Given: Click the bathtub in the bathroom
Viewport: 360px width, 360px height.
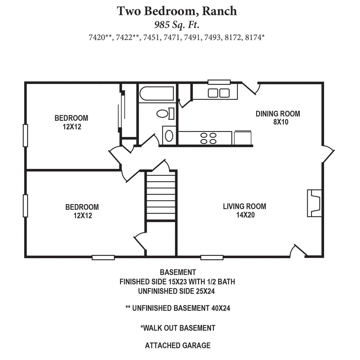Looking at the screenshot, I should click(x=157, y=94).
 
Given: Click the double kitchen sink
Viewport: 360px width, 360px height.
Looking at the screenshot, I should click(x=219, y=93).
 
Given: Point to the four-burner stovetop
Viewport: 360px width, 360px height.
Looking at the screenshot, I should click(x=208, y=138).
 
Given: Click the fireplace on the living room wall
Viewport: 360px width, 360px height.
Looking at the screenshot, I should click(x=314, y=203).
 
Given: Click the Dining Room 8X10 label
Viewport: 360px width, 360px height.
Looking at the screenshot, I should click(x=278, y=118).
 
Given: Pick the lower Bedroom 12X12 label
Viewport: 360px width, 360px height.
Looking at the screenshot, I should click(x=82, y=211).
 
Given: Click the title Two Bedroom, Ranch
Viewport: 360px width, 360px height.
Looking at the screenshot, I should click(x=177, y=11).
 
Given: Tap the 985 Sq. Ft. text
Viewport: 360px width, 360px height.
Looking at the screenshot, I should click(x=177, y=25).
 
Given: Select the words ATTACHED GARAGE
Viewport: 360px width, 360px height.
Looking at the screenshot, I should click(x=178, y=346).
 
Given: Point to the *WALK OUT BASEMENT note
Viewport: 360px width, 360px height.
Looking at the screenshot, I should click(x=178, y=328).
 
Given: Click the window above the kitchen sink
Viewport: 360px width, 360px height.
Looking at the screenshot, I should click(x=219, y=82).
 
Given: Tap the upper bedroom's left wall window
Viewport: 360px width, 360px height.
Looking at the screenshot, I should click(x=25, y=136).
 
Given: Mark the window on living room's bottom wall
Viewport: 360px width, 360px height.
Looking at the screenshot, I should click(x=212, y=257).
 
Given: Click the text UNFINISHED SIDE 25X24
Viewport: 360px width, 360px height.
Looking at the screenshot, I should click(x=176, y=291).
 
